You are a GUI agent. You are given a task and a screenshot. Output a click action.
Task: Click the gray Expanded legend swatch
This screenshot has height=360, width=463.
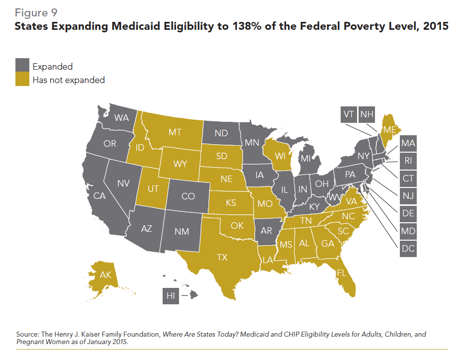[22, 66]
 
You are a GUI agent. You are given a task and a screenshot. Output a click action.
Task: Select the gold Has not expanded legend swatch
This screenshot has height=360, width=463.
[22, 80]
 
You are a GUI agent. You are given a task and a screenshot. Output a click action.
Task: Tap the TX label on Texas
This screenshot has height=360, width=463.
[222, 257]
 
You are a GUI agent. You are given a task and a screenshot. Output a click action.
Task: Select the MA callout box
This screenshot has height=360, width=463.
[408, 143]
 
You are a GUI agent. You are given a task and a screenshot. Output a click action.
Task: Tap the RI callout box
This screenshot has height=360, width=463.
[408, 161]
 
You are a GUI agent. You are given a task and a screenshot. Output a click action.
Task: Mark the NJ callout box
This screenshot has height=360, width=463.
[408, 196]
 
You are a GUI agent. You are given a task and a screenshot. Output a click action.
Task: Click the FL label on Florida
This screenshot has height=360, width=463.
[341, 273]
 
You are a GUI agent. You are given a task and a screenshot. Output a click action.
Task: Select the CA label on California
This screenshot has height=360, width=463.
[99, 196]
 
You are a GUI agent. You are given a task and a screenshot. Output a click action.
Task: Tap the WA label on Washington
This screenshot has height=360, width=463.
[121, 118]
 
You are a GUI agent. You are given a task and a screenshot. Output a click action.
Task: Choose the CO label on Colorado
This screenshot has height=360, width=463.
[188, 196]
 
